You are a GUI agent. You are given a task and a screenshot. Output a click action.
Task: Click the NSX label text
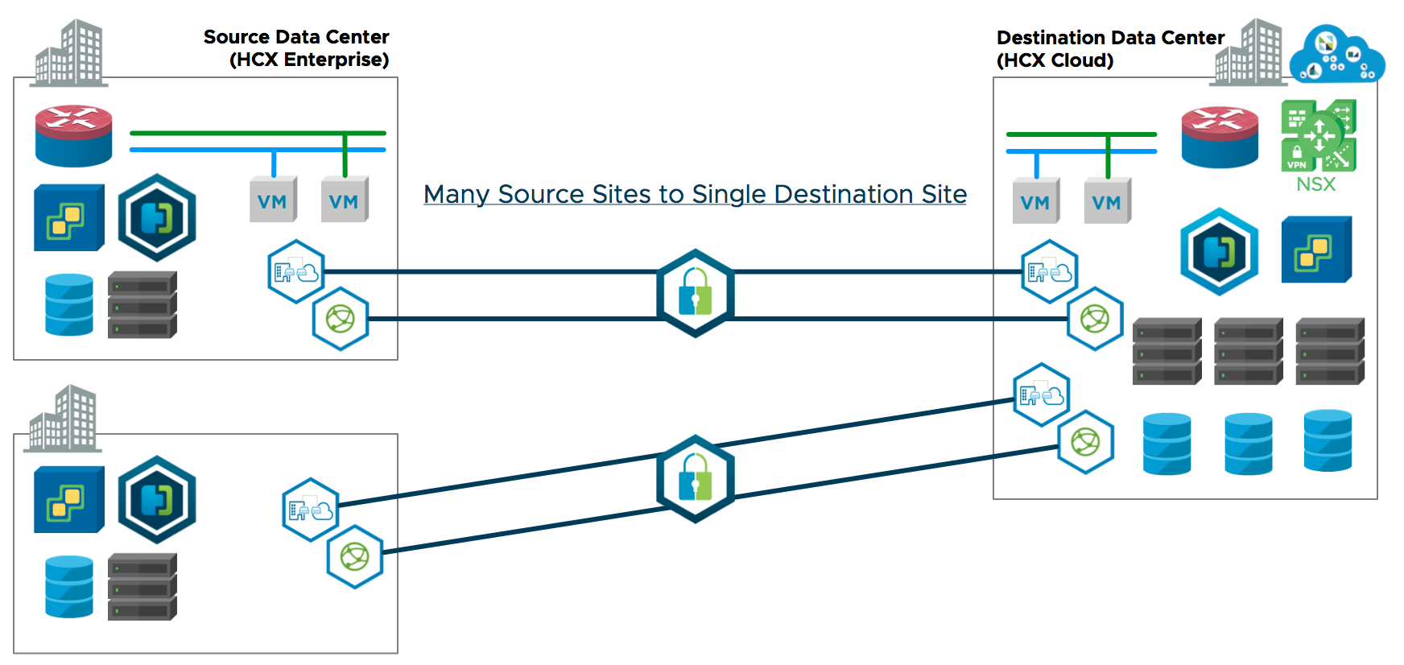pos(1315,184)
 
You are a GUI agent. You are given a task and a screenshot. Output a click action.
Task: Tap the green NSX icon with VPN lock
pos(1319,135)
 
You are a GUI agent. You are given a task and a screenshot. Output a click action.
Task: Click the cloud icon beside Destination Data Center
pos(1336,55)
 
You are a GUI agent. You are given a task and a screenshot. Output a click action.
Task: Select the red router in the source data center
pos(73,135)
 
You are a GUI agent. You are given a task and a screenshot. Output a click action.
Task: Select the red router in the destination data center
pos(1220,136)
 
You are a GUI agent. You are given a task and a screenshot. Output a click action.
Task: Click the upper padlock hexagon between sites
pos(695,293)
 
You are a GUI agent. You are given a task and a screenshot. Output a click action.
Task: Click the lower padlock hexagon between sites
pos(695,479)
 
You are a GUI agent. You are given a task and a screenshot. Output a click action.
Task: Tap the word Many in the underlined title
pos(456,194)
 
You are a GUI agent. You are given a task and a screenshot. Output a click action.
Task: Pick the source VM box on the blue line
pos(273,200)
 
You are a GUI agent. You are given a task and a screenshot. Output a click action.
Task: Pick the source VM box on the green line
pos(345,200)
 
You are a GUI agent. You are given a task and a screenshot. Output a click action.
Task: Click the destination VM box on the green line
pos(1107,201)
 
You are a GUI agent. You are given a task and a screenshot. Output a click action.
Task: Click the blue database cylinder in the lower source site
pos(69,586)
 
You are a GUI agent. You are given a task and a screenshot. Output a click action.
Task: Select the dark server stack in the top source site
pos(142,304)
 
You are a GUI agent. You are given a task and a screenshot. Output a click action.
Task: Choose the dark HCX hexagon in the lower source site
pos(157,499)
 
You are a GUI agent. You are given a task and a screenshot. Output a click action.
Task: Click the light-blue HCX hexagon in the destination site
pos(1219,252)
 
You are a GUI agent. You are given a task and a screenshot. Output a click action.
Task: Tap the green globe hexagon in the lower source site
pos(354,556)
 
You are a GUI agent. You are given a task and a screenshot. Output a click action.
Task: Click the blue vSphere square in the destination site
pos(1316,250)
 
